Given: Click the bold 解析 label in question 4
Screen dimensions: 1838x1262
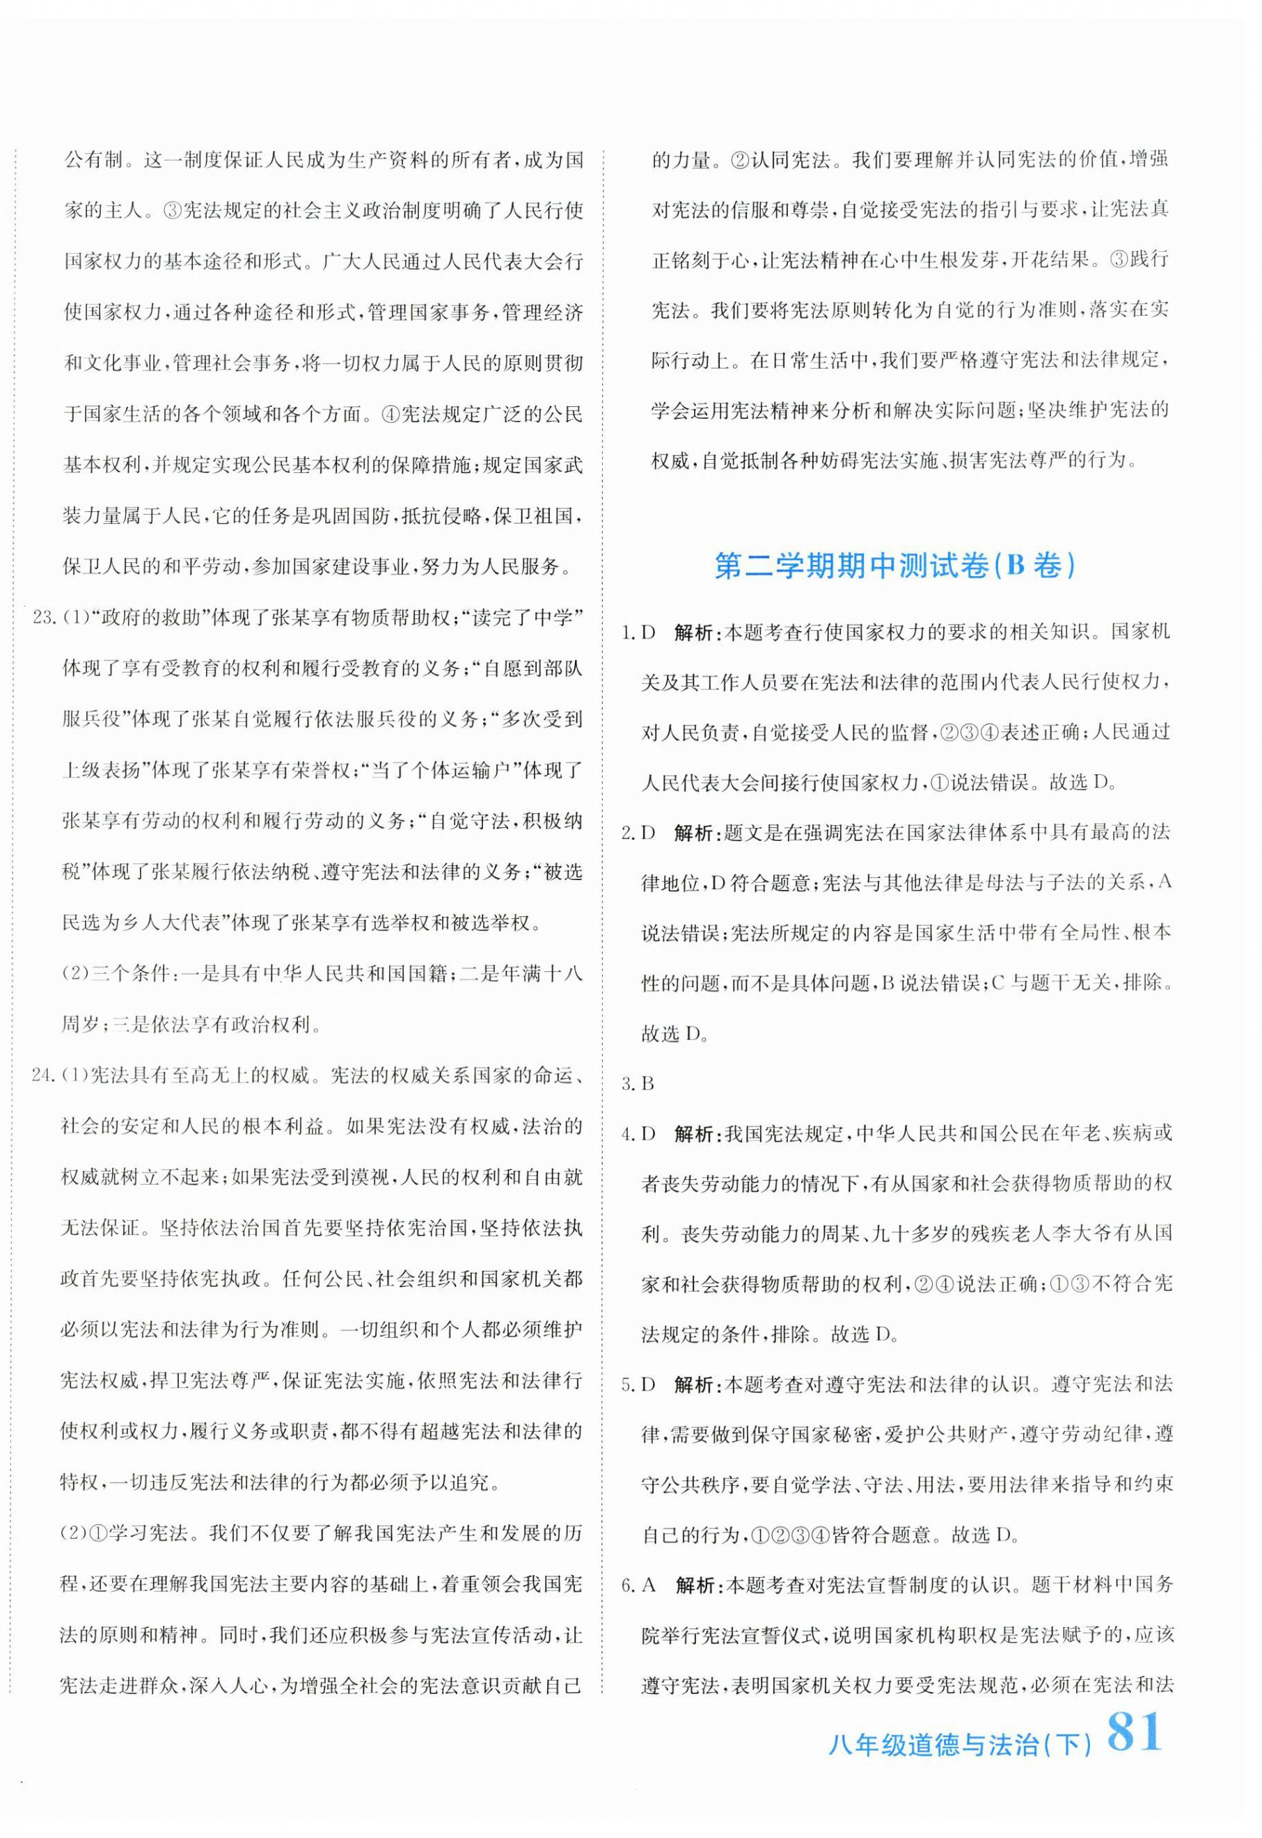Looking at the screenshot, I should point(695,1134).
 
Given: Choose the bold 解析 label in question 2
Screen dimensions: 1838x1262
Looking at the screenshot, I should point(695,833).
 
